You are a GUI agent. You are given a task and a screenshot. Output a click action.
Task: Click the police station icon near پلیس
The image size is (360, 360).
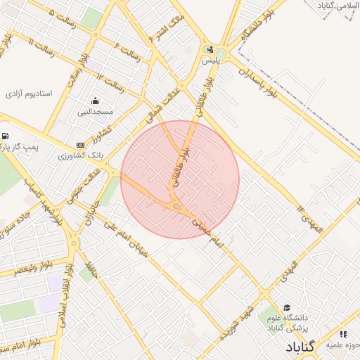click(210, 49)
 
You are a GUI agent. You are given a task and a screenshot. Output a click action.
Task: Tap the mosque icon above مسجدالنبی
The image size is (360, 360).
click(95, 101)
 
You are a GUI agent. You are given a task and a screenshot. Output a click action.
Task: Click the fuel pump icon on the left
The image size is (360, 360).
click(6, 136)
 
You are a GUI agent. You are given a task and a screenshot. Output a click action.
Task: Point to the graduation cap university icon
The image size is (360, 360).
click(286, 307)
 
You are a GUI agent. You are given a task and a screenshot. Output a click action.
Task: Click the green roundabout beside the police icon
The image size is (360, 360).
click(221, 53)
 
